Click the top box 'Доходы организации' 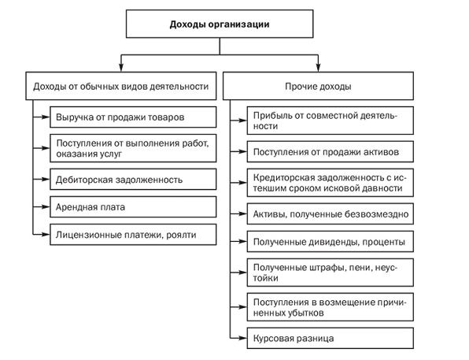[220, 24]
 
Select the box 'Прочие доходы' [318, 86]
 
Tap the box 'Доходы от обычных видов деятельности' [121, 86]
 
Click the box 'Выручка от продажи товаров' [133, 117]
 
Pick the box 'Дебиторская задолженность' [133, 180]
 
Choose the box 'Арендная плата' [133, 207]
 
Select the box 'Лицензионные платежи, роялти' [133, 235]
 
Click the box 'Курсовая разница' [331, 339]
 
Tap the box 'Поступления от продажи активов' [331, 152]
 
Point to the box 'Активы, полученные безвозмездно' [331, 214]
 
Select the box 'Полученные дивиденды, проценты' [331, 242]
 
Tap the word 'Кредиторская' [282, 178]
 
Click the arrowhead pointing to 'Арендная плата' [46, 207]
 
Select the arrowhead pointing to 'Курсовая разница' [243, 339]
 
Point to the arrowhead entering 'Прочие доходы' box [318, 68]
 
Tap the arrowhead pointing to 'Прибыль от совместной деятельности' [243, 121]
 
